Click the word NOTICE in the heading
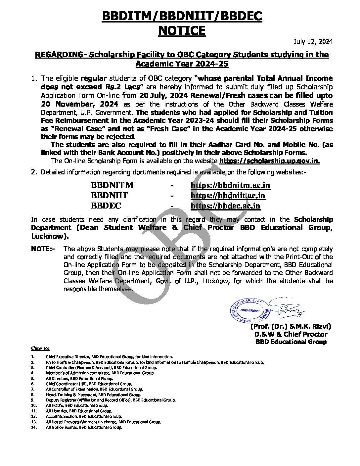pos(182,31)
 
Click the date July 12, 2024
pos(313,42)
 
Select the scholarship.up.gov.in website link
pos(269,161)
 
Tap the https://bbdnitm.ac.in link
pos(230,185)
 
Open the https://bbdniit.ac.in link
pos(228,195)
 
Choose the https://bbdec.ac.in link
pos(225,206)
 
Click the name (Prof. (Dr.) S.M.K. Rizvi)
pos(291,326)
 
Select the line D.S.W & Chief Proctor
pos(291,334)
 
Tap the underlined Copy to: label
pos(40,348)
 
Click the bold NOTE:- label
pos(43,249)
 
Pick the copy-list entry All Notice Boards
pos(84,427)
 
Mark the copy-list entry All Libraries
pos(79,411)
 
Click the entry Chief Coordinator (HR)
pos(89,384)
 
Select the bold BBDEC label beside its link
pos(106,206)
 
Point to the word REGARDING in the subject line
pos(59,55)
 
